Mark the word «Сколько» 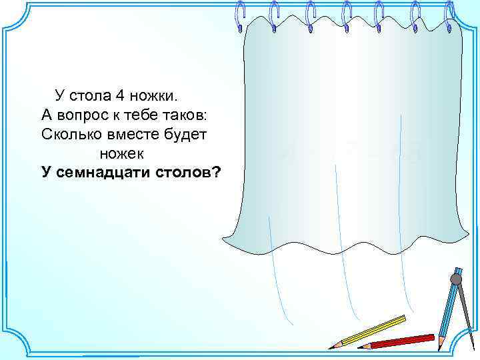click(x=69, y=133)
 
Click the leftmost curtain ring click(x=241, y=16)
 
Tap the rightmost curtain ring click(x=450, y=16)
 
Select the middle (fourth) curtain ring click(x=347, y=16)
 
